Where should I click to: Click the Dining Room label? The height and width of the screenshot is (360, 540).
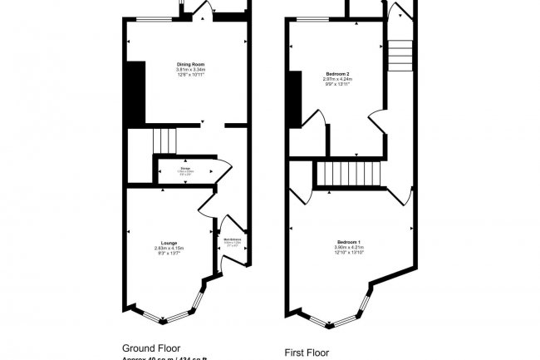click(x=190, y=64)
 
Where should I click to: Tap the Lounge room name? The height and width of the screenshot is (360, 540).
click(x=168, y=243)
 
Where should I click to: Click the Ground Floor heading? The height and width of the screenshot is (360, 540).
click(x=151, y=348)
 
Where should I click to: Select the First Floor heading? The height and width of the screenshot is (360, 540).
click(x=307, y=352)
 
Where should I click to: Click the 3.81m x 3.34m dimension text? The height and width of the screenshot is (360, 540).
click(x=190, y=70)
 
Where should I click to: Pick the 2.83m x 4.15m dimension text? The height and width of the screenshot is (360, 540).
click(x=168, y=249)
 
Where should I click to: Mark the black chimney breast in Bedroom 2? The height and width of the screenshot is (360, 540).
click(x=293, y=99)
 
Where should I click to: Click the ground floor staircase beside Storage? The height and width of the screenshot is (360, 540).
click(x=165, y=141)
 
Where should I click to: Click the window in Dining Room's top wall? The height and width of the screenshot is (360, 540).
click(x=150, y=19)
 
